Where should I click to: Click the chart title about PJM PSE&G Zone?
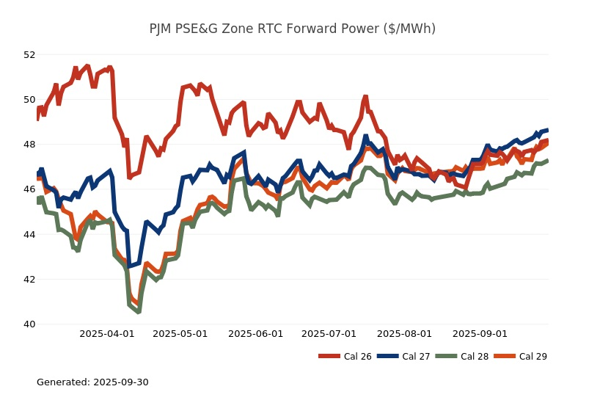click(292, 29)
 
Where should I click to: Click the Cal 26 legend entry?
click(345, 357)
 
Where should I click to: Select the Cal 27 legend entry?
click(403, 357)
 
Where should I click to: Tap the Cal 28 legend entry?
click(461, 357)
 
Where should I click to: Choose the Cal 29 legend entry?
click(520, 357)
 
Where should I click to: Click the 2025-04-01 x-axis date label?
click(107, 333)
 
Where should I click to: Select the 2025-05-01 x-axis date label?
click(180, 333)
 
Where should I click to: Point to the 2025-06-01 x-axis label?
click(256, 333)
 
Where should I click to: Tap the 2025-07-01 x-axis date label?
click(329, 333)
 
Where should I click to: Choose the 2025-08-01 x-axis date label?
click(405, 333)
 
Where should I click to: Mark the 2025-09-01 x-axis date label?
click(480, 333)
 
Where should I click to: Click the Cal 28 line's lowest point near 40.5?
click(138, 312)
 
